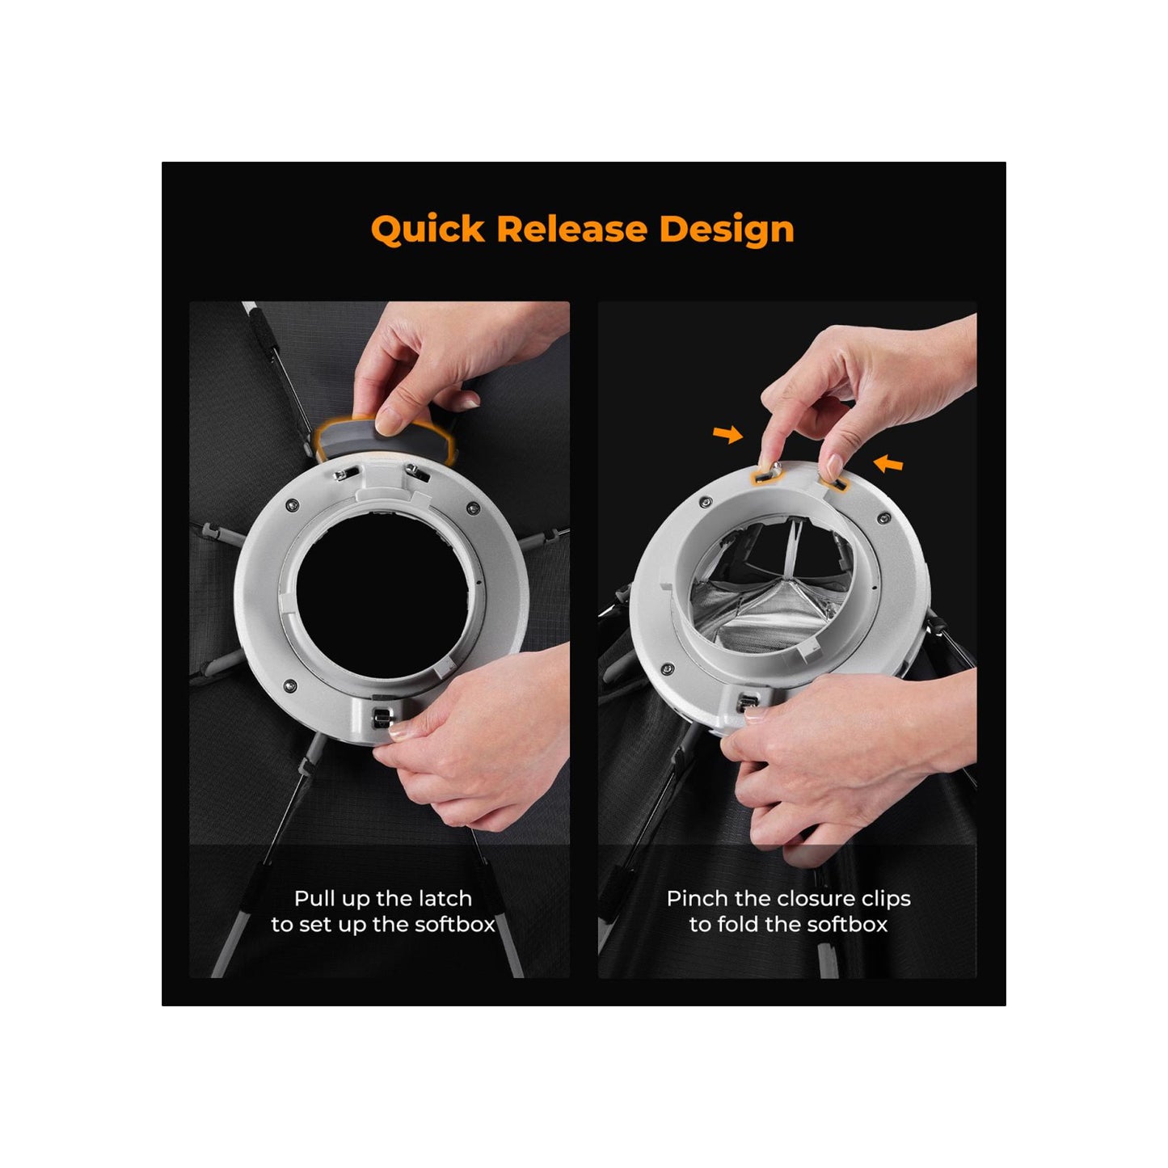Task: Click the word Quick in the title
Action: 428,230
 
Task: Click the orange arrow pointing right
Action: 727,433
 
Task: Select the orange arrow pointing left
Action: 888,464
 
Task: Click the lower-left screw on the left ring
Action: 289,685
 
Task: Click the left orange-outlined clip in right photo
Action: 768,472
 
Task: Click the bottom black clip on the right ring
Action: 747,702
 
